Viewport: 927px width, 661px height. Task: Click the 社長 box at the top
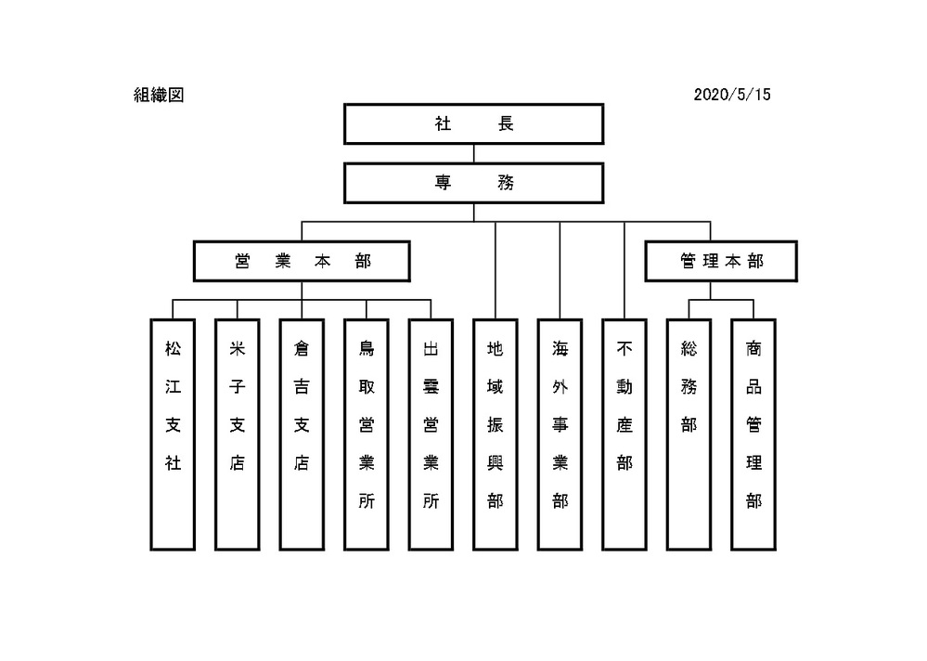click(473, 124)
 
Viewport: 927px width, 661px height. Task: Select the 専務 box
click(473, 183)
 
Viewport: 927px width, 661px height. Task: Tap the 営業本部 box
click(302, 262)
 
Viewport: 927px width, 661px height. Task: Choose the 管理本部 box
click(720, 262)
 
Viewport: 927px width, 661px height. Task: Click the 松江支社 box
click(173, 434)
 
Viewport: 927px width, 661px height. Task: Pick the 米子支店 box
click(238, 434)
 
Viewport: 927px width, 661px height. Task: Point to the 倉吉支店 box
click(302, 434)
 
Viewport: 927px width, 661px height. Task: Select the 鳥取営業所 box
click(367, 434)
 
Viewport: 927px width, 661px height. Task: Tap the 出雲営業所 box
click(431, 434)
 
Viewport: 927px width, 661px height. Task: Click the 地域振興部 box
click(496, 434)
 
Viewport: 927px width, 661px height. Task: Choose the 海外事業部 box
click(560, 434)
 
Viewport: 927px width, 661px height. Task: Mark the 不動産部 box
click(624, 434)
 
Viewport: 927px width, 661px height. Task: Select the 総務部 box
click(689, 434)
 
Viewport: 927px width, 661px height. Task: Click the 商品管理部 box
click(753, 434)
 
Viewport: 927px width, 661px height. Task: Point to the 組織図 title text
click(159, 95)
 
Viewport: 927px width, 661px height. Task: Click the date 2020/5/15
click(732, 95)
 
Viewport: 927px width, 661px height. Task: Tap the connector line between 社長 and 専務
click(473, 154)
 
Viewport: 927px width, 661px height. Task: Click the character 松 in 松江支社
click(173, 349)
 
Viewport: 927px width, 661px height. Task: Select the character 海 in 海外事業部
click(560, 349)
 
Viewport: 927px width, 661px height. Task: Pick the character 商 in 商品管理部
click(753, 349)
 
